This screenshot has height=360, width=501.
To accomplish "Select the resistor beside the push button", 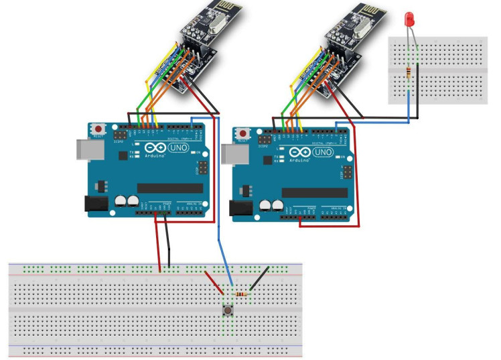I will click(x=241, y=294).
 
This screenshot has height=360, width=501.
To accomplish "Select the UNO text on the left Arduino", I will click(x=178, y=147).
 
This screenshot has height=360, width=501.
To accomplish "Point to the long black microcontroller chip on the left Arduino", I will click(x=168, y=188).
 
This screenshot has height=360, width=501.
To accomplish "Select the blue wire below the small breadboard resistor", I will click(x=409, y=104).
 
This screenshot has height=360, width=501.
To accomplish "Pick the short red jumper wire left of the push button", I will click(x=214, y=282).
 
